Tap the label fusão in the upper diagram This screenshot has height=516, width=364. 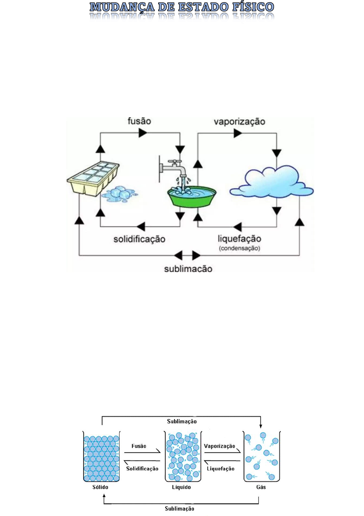[139, 121]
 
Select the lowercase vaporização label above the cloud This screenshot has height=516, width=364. [239, 122]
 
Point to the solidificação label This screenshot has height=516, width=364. [139, 239]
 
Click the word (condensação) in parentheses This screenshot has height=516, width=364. [239, 248]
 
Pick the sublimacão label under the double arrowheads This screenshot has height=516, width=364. [188, 269]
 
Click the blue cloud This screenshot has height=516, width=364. [271, 183]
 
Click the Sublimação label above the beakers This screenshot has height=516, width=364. [182, 421]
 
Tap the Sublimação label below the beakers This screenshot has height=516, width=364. [179, 509]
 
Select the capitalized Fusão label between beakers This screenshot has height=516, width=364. [139, 446]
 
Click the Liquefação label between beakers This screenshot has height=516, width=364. [220, 469]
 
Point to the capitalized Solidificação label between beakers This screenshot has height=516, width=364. [142, 469]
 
